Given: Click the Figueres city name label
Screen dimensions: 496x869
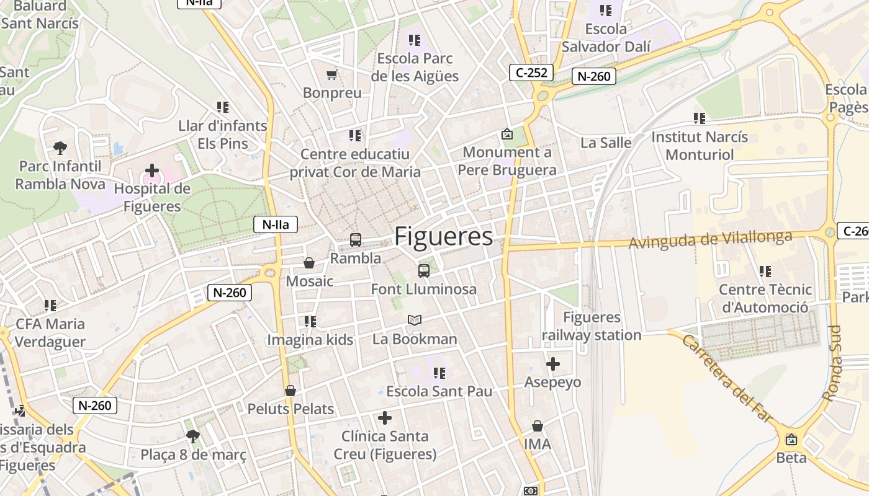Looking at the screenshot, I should coord(444,236).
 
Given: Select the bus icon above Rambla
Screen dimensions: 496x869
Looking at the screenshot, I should coord(356,240).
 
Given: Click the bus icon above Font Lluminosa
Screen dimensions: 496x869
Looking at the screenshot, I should coord(424,270).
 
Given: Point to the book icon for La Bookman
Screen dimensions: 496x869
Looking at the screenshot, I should coord(415,321).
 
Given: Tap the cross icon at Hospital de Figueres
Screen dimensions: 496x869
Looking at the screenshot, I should coord(152,170).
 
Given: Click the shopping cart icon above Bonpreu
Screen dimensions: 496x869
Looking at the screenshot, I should coord(332,75).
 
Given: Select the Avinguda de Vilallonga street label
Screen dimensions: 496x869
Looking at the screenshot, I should coord(711,239).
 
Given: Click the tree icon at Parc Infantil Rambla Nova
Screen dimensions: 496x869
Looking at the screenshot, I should coord(60,148).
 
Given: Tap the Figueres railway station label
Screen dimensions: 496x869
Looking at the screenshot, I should coord(592,326).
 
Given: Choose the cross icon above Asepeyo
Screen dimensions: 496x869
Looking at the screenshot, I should coord(553,364).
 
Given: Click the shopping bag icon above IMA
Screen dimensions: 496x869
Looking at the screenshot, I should coord(538,426).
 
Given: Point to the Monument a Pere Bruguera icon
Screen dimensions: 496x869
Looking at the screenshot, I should coord(507,134).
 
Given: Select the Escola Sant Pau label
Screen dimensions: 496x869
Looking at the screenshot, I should coord(439,391).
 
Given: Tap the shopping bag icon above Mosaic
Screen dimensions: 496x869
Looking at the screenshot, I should coord(309,263).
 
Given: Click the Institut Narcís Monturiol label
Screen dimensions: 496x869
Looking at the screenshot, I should coord(700,145).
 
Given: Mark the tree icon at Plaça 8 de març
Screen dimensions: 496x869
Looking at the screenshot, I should coord(193,436).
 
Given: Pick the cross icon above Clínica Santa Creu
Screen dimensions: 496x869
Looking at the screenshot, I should coord(385,418).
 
